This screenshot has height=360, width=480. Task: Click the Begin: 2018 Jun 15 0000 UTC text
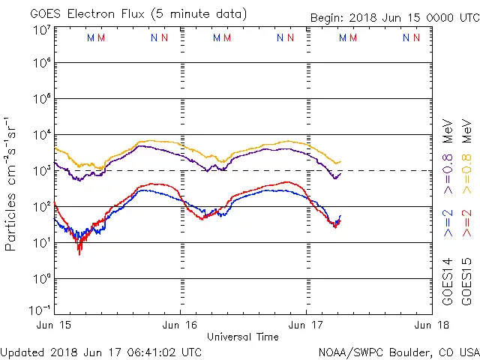tap(394, 19)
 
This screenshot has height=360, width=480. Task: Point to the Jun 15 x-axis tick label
tap(55, 325)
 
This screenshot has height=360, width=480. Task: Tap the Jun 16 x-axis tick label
tap(180, 325)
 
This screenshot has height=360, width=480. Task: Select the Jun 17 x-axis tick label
tap(305, 325)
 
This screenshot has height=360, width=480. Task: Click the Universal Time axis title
tap(243, 337)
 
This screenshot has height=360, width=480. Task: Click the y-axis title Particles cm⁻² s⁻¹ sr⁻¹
tap(11, 183)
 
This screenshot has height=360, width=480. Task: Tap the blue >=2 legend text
tap(448, 223)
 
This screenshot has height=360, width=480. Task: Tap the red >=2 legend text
tap(466, 223)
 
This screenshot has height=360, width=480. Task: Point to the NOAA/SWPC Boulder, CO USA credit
tap(398, 352)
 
